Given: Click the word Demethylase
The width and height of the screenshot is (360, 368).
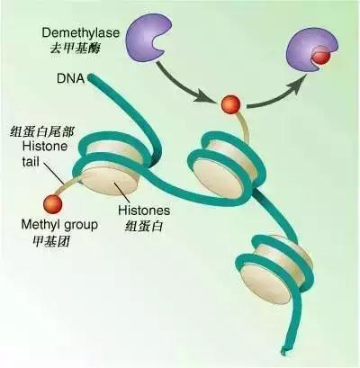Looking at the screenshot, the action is coord(81,32).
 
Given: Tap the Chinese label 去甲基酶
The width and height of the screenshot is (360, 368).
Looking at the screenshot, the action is coord(75,48).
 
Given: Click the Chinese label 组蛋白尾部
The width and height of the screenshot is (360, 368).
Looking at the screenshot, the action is coord(41,131).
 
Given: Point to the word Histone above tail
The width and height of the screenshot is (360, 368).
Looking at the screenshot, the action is coord(45,147).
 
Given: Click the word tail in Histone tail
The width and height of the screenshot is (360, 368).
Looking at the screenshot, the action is coord(31,162).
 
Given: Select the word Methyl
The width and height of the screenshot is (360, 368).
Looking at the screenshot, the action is coord(40,225).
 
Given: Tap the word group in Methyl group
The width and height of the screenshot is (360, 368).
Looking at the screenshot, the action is coord(79,226).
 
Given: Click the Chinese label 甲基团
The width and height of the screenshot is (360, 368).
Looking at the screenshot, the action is coord(51,240).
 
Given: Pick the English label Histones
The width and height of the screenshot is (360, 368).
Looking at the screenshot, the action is coord(144,211).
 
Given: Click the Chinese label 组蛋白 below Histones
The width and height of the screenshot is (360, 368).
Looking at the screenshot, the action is coord(144,226).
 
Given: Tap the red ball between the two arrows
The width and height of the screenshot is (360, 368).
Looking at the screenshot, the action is coord(231,104).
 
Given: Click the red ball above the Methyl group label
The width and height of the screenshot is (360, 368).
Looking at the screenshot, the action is coord(53,204).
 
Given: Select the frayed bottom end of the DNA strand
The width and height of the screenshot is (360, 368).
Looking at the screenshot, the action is coord(283,351).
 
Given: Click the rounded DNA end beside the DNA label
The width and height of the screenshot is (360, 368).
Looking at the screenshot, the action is coord(92,78).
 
